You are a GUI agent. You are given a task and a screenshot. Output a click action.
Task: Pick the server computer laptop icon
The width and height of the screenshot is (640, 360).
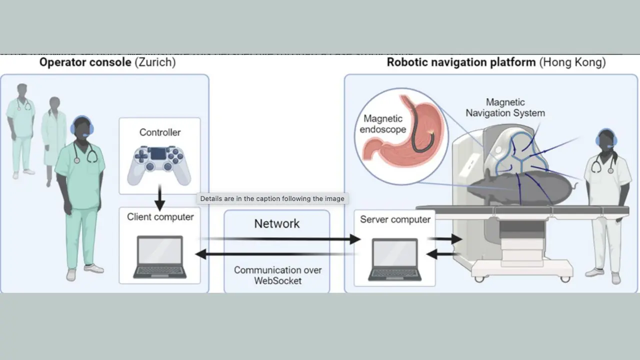(394, 259)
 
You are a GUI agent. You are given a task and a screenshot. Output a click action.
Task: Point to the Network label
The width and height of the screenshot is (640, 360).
(276, 223)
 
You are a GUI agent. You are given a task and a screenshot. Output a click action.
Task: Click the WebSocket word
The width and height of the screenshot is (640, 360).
(277, 280)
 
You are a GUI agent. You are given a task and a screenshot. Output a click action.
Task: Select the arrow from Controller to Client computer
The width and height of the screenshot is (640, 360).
(159, 198)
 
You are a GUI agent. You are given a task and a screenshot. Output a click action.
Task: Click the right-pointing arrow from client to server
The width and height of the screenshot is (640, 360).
(280, 239)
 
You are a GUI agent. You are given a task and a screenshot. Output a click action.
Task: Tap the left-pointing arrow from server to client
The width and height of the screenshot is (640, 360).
(275, 254)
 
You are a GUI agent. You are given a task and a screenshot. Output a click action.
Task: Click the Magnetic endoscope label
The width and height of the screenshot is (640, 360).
(383, 124)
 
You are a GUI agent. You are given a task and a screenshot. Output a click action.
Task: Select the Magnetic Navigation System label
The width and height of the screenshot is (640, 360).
(505, 108)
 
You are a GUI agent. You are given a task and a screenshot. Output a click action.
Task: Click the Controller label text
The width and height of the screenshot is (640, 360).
(160, 132)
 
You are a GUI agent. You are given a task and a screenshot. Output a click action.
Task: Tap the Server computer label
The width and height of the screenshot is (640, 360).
(395, 219)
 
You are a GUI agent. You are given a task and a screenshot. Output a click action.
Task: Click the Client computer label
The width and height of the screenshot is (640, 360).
(160, 217)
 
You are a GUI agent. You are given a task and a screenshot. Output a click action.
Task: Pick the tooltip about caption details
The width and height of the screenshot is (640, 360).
(272, 198)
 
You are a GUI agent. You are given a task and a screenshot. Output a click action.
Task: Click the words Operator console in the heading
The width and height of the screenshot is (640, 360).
(85, 62)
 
